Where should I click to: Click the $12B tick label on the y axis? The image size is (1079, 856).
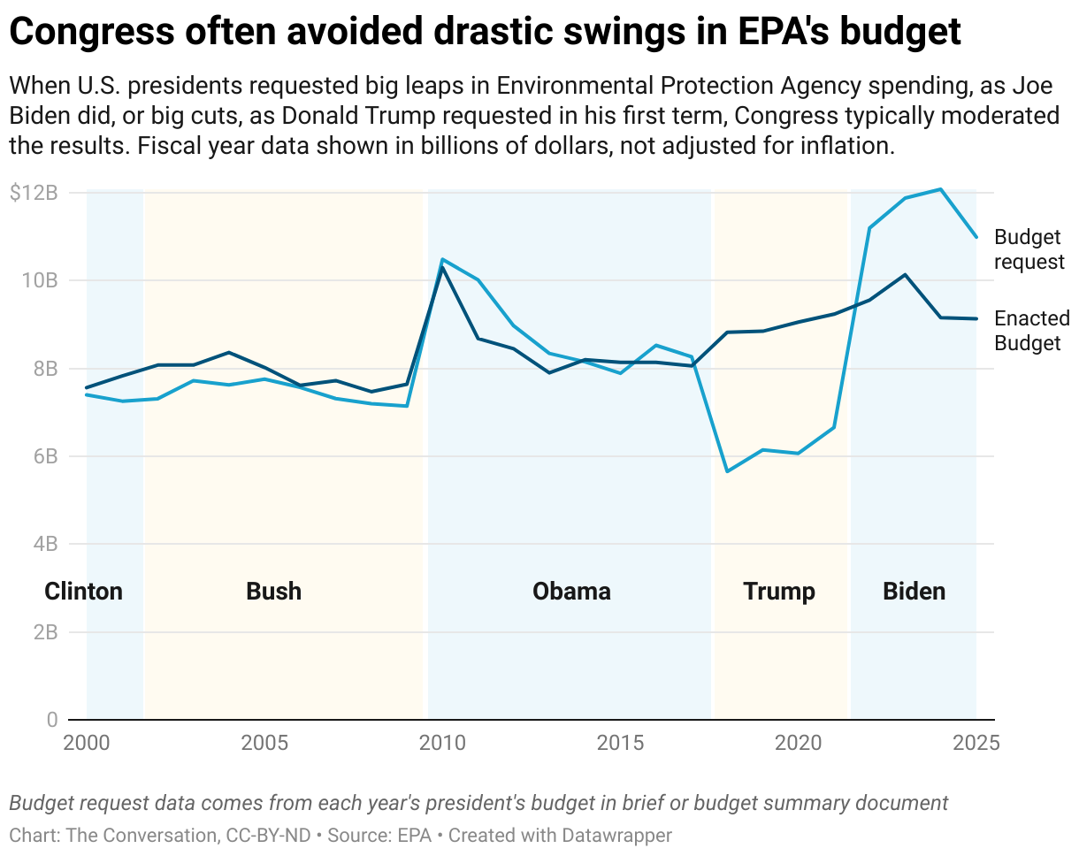click(34, 193)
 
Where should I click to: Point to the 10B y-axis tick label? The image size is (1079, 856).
click(40, 280)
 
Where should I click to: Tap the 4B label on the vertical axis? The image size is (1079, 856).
click(44, 544)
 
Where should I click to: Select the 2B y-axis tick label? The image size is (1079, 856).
click(44, 632)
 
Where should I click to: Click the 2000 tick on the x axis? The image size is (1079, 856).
click(87, 742)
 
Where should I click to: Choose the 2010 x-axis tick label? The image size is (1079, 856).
click(442, 742)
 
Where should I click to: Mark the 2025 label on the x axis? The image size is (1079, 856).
click(976, 742)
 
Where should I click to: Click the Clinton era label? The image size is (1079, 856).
click(83, 591)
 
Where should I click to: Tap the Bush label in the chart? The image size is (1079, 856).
click(273, 591)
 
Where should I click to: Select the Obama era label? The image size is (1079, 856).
click(571, 591)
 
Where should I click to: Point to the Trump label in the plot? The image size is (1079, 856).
click(779, 591)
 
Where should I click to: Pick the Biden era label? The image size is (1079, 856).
click(914, 591)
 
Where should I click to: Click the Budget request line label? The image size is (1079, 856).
click(1029, 249)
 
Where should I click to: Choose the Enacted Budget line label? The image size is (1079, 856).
click(1032, 331)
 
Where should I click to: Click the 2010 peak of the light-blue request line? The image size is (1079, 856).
click(442, 259)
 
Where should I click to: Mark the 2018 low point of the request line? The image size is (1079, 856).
click(727, 471)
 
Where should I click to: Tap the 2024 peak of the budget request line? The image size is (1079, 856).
click(941, 188)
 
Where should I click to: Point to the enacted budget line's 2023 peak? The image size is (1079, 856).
click(905, 274)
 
